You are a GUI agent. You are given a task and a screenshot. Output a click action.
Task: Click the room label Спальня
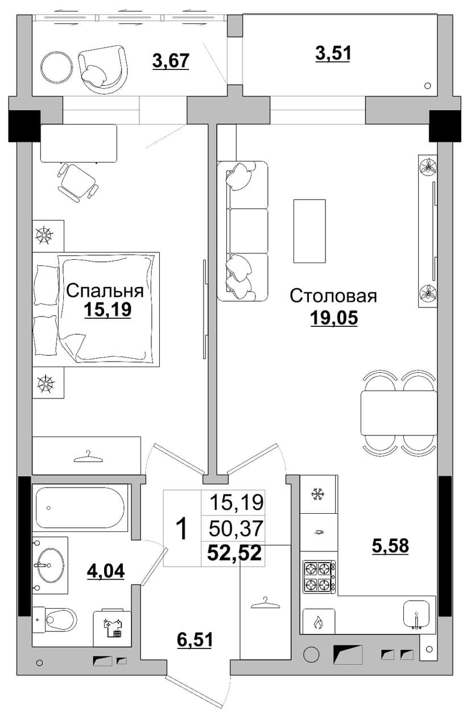click(x=105, y=291)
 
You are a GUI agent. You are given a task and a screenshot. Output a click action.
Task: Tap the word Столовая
click(x=333, y=296)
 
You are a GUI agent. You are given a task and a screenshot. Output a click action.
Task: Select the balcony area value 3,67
click(x=171, y=61)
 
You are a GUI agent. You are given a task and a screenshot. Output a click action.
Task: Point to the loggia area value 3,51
click(x=333, y=53)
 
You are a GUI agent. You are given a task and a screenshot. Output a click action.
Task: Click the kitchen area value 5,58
click(x=390, y=546)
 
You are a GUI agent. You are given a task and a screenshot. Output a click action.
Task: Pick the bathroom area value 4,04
click(x=106, y=571)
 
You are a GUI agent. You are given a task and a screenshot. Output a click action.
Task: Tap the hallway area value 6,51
click(x=195, y=640)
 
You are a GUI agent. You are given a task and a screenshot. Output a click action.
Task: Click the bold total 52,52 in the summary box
click(x=234, y=552)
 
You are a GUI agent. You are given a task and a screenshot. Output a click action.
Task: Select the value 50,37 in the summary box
click(x=236, y=528)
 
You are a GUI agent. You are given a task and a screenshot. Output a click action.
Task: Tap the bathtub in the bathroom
click(x=80, y=508)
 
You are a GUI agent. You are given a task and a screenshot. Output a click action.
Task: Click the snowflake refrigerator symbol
click(x=317, y=494)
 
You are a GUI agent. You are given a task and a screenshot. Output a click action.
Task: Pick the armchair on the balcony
click(x=102, y=69)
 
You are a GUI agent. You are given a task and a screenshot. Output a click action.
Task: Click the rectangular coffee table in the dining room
click(x=309, y=231)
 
